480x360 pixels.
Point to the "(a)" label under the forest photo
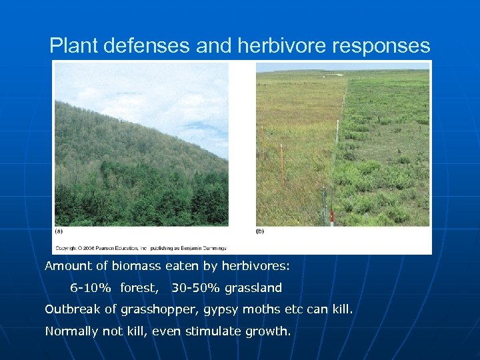[59, 231]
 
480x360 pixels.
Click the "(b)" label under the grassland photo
[260, 231]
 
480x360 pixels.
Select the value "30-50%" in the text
[196, 288]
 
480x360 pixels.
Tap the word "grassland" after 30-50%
[253, 288]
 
